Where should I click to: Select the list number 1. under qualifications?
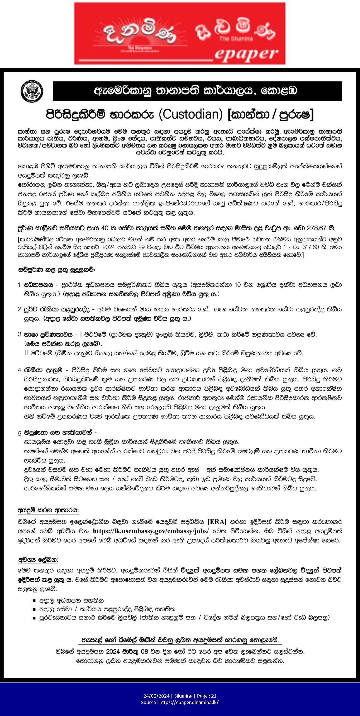point(20,285)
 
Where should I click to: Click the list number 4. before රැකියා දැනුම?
point(20,370)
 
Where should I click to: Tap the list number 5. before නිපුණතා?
point(20,434)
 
